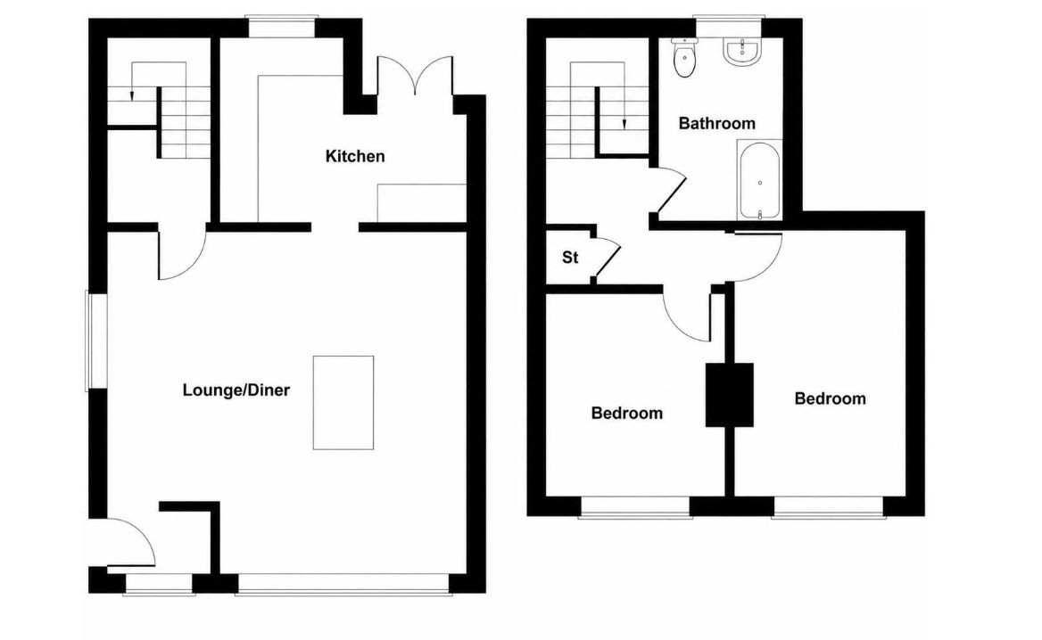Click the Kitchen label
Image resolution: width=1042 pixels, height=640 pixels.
coord(355,156)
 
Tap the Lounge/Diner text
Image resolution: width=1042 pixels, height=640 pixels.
coord(236,390)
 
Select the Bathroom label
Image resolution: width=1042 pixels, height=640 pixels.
coord(716,123)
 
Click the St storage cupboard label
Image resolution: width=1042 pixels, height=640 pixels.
coord(570,257)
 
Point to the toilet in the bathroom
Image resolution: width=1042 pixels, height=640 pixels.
coord(683,57)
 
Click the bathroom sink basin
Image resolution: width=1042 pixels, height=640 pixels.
coord(741,53)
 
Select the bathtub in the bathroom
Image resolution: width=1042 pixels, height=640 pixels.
coord(759,180)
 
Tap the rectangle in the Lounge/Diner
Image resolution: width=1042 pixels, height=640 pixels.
coord(343,402)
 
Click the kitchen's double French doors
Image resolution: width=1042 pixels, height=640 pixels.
coord(416,77)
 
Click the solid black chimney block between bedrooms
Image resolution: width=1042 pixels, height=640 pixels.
coord(729,394)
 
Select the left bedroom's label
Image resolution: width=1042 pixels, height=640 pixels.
coord(626,413)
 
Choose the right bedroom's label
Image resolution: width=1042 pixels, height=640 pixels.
coord(830,398)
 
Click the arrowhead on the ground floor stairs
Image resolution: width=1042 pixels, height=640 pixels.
coord(131,95)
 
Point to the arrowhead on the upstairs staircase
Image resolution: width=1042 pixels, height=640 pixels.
coord(624,124)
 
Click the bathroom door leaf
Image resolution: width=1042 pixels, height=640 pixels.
coord(671,193)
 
